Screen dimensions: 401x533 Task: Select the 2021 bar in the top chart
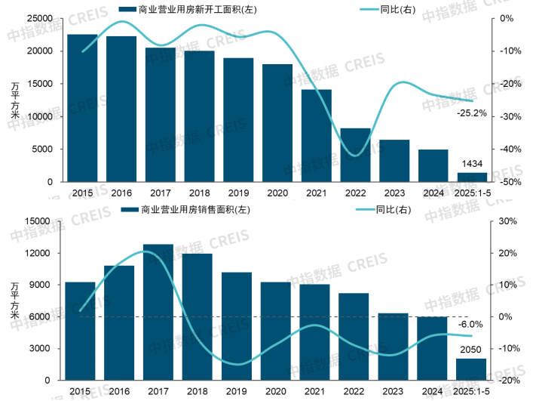coord(317,136)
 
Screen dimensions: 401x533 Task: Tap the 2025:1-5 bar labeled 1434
coord(473,177)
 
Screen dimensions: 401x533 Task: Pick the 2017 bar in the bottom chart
coord(159,313)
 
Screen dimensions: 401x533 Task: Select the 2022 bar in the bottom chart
coord(355,337)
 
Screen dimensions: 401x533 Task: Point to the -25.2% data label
coord(472,113)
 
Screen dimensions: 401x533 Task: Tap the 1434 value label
coord(473,165)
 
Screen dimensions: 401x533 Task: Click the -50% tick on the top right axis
coord(506,182)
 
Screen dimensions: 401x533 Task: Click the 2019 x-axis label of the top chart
coord(237,193)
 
